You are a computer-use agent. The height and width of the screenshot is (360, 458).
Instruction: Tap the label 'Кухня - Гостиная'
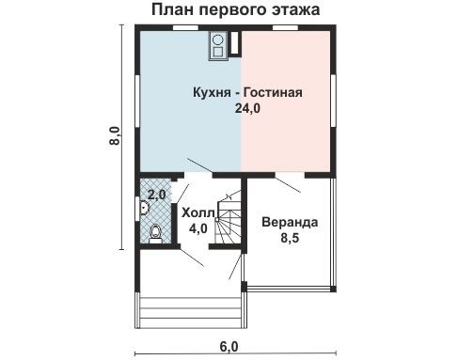click(x=246, y=93)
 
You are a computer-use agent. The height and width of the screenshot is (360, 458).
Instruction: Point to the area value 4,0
click(x=197, y=227)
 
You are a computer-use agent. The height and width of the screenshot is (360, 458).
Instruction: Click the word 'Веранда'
click(x=288, y=223)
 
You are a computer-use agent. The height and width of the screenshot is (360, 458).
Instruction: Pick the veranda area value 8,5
click(x=288, y=239)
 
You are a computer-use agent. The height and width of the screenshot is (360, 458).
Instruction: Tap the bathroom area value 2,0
click(x=156, y=195)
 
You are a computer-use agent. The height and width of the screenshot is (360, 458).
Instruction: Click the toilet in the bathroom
click(x=153, y=230)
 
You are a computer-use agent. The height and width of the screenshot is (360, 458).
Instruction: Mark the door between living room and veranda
click(x=283, y=182)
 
